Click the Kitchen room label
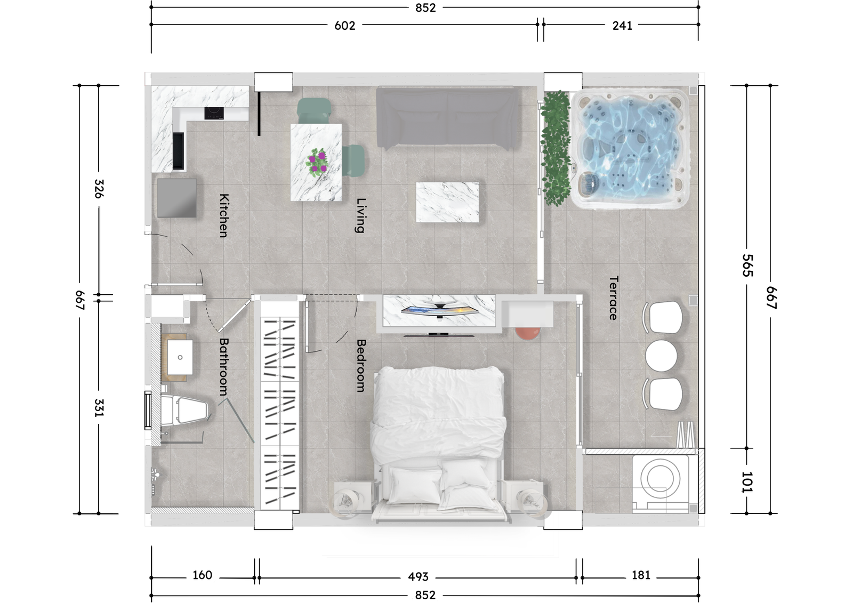(x=224, y=215)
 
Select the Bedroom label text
(x=361, y=366)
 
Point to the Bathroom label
(x=224, y=367)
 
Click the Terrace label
(x=613, y=298)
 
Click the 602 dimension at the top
(x=344, y=26)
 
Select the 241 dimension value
(x=622, y=26)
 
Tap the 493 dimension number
(x=418, y=577)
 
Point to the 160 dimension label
(x=202, y=575)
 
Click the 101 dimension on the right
(x=747, y=482)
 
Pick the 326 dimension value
(x=99, y=189)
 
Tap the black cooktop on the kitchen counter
(x=214, y=113)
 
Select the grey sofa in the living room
(x=447, y=117)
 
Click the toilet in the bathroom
(x=184, y=410)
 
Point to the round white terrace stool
(x=662, y=356)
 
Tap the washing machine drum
(x=660, y=478)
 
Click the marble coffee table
(x=447, y=202)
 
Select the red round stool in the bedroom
(x=527, y=333)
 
